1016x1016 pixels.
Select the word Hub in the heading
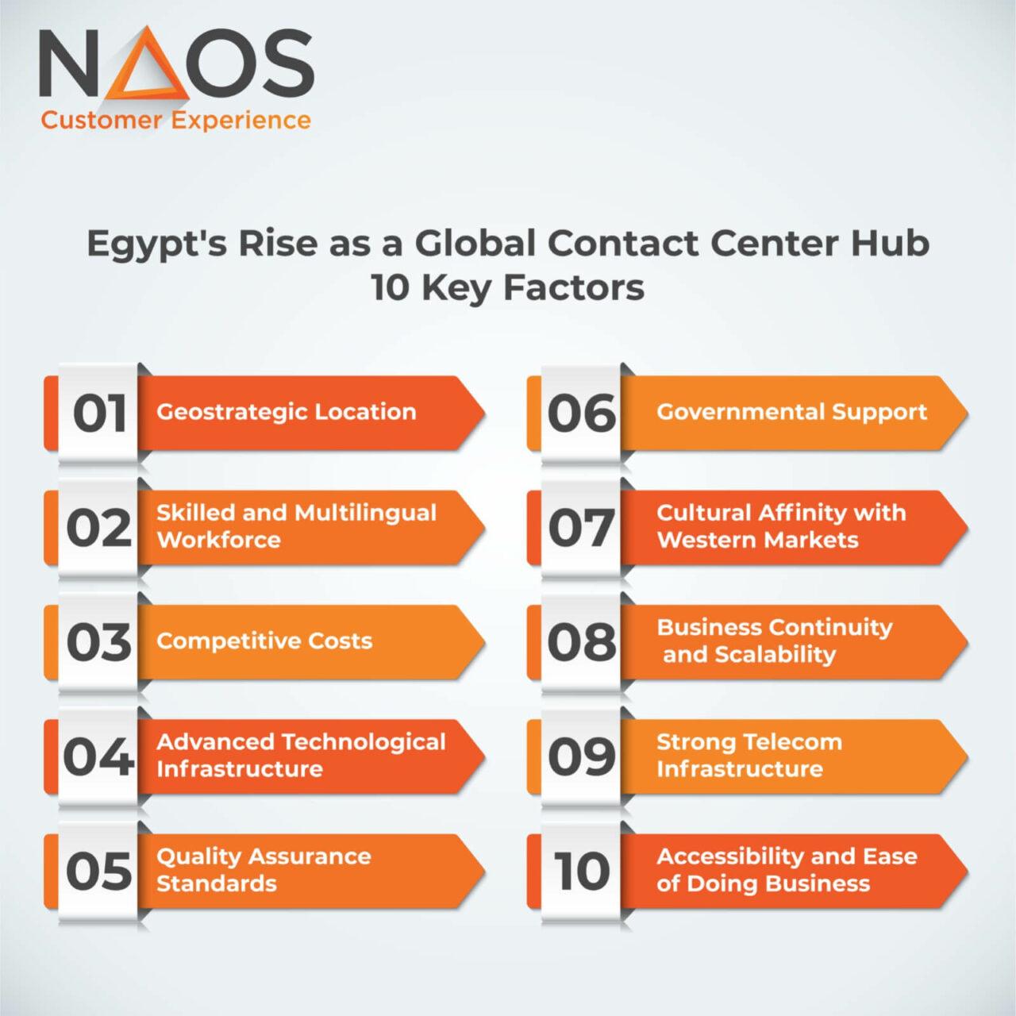coord(890,243)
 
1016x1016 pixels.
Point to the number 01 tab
coord(100,414)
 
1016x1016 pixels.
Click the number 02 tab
coord(98,528)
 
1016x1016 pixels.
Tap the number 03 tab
coord(98,642)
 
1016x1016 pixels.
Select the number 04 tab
coord(98,756)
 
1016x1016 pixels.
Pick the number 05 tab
coord(98,871)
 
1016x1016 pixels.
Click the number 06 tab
coord(582,414)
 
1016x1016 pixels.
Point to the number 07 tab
coord(582,528)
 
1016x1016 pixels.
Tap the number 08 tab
coord(582,642)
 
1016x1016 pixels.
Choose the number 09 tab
coord(582,756)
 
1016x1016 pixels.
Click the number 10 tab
coord(582,871)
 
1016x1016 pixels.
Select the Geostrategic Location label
coord(286,412)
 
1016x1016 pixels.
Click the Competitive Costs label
coord(264,641)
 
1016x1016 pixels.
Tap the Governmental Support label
coord(791,412)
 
